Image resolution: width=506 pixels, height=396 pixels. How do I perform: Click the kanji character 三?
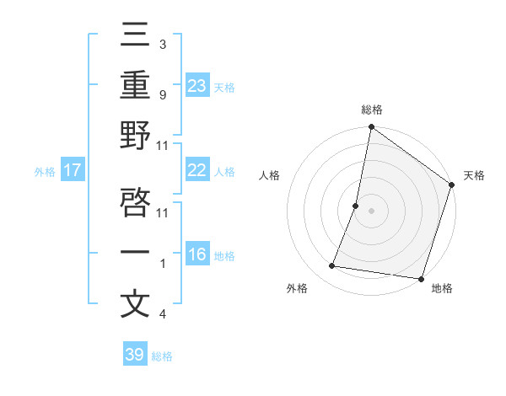pos(135,36)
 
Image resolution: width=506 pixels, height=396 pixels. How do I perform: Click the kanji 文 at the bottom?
pos(135,303)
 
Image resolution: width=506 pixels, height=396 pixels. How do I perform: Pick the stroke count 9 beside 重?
pos(162,96)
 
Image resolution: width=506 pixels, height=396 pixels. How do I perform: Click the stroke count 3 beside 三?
pos(162,44)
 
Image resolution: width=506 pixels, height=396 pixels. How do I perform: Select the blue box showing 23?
pos(197,85)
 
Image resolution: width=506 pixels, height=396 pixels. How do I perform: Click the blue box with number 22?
pos(197,170)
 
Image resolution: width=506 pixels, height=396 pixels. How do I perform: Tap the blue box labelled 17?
pos(73,170)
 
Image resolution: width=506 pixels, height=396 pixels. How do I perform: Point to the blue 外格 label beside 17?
pos(45,172)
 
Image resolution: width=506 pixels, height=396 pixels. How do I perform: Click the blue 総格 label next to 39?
pos(162,356)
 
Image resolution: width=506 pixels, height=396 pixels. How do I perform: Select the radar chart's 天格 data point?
pos(451,186)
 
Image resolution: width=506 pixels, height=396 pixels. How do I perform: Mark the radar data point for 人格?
pos(356,206)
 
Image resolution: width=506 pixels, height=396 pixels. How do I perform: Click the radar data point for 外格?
pos(332,266)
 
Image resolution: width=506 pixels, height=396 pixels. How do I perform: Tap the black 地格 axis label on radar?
pos(441,289)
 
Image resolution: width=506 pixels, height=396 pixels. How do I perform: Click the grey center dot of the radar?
pos(371,211)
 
